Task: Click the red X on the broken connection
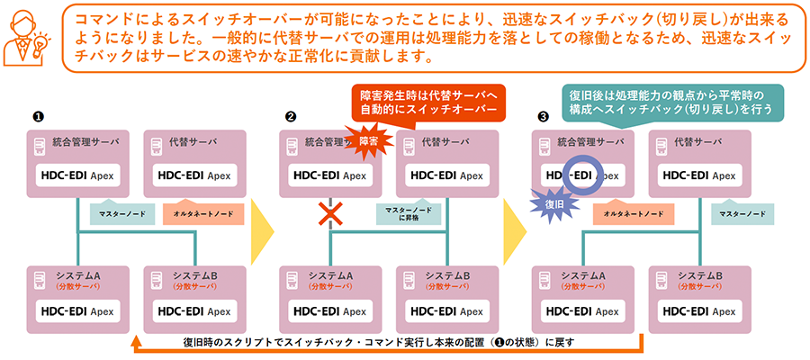pos(332,214)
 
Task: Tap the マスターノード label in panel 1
pos(118,213)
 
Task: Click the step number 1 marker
pos(38,116)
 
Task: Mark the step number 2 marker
pos(290,116)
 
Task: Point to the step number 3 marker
pos(542,116)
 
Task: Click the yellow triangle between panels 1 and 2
pos(261,230)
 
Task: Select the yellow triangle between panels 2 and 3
pos(514,230)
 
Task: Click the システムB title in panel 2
pos(448,274)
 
